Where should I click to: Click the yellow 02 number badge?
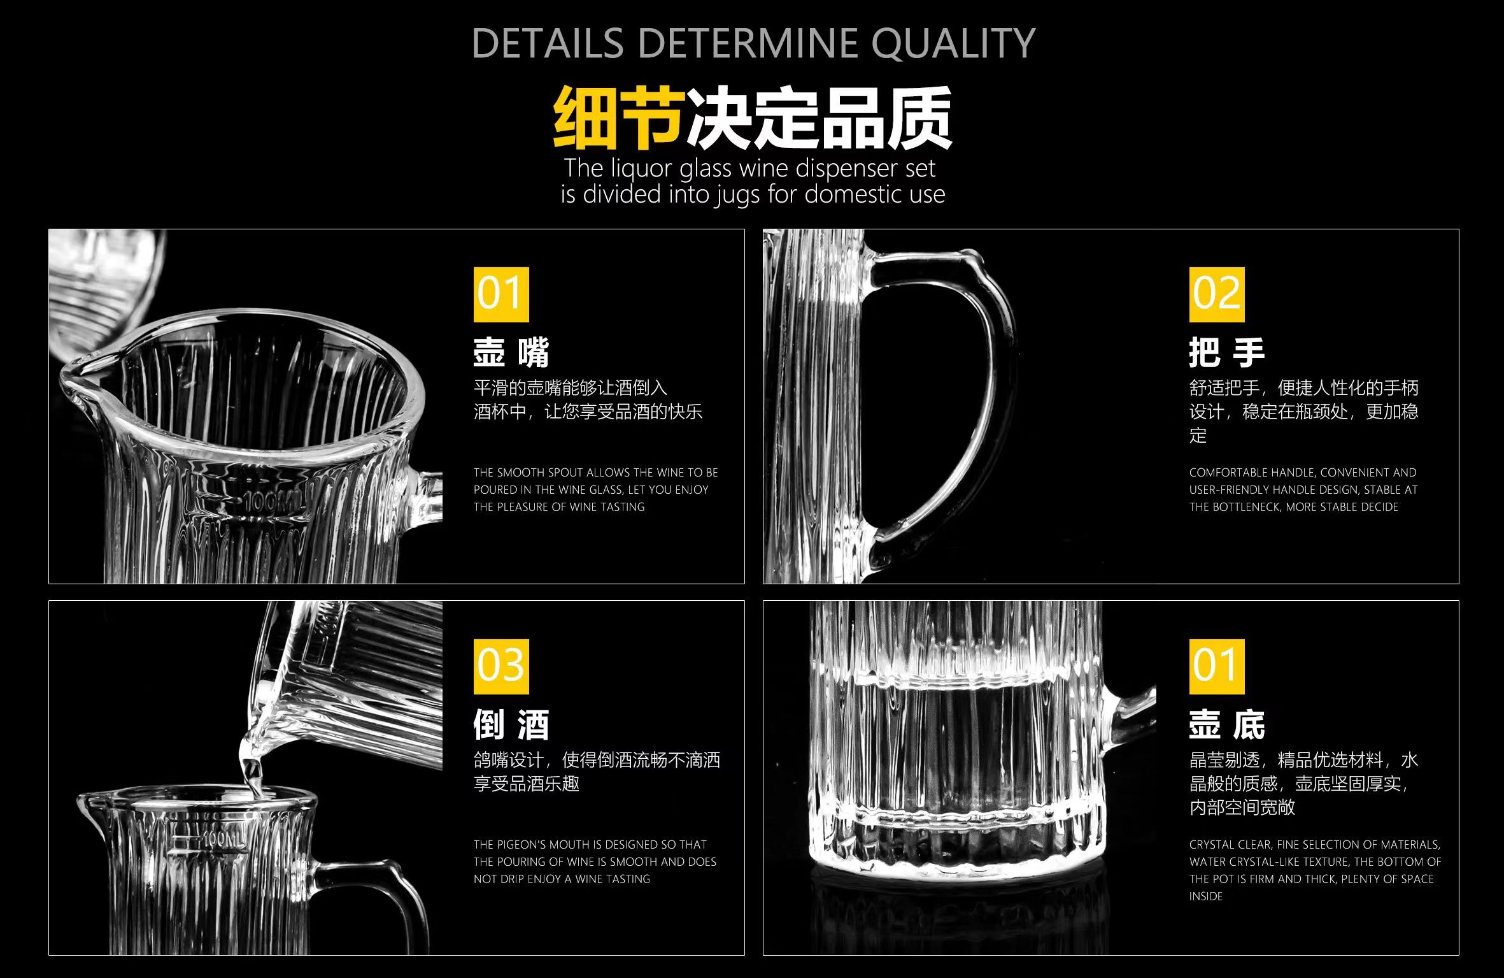point(1216,294)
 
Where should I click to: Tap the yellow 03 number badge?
point(501,666)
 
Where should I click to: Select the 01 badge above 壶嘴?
point(501,294)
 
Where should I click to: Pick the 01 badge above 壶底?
point(1216,666)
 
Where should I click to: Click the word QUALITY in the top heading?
point(953,43)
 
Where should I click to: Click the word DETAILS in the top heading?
point(548,43)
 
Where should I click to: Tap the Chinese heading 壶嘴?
point(511,352)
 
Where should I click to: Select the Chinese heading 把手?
point(1226,352)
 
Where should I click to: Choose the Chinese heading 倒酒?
point(511,724)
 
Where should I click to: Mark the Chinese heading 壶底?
point(1226,724)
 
